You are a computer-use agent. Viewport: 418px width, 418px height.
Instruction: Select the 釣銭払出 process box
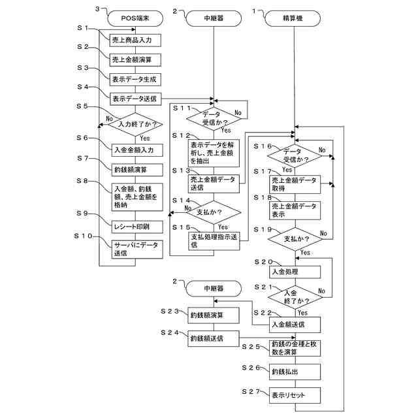[296, 372]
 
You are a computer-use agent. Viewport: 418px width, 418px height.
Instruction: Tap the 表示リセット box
[296, 396]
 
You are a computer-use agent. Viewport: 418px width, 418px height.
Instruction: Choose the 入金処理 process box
[296, 272]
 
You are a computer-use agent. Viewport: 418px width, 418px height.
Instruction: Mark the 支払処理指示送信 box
[213, 240]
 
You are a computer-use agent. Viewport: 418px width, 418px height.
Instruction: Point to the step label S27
[251, 391]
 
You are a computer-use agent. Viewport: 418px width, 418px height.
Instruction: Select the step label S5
[82, 106]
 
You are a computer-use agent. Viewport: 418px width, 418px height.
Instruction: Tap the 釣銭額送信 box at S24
[213, 338]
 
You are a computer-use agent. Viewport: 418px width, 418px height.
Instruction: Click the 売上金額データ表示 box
[296, 210]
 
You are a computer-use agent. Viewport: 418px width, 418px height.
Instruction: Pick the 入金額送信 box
[296, 323]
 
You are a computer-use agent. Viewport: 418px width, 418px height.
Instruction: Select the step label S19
[262, 230]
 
